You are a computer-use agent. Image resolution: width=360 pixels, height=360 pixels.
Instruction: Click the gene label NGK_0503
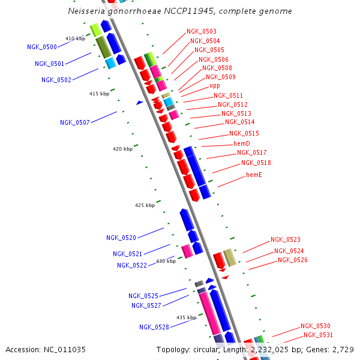(202, 31)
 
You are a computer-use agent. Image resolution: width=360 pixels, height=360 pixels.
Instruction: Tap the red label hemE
(254, 175)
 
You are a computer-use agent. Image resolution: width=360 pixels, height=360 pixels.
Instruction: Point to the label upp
(215, 86)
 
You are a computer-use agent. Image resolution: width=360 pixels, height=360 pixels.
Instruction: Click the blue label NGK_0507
(75, 122)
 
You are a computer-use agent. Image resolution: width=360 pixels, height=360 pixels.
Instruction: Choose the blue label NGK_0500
(42, 47)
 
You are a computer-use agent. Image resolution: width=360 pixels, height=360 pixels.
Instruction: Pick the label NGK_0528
(154, 327)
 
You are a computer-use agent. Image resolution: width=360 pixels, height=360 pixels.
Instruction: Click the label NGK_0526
(293, 260)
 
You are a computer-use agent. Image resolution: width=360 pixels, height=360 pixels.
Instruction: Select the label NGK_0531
(318, 335)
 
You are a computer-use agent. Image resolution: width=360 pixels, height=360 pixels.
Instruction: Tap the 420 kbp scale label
(122, 149)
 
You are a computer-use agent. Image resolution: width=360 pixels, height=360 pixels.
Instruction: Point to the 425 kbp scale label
(145, 205)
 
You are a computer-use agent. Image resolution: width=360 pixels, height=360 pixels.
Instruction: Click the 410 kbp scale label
(75, 38)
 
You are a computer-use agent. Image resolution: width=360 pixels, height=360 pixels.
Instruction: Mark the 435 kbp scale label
(186, 317)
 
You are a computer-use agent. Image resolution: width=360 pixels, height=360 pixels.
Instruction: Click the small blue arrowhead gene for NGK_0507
(139, 103)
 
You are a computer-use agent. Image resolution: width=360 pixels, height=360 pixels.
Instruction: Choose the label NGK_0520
(121, 238)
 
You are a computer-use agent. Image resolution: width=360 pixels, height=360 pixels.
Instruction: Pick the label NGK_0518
(256, 163)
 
